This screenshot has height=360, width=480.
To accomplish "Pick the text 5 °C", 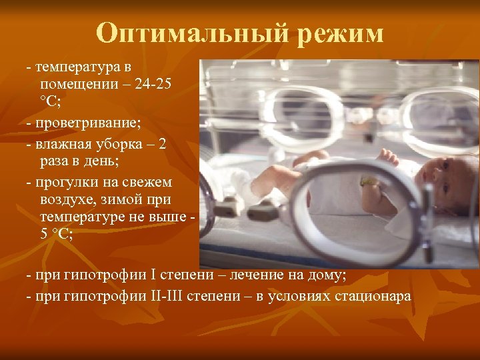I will point(57,233).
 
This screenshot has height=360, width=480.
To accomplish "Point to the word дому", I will point(327,275).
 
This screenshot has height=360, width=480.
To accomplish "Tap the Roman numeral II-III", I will point(160,296).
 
